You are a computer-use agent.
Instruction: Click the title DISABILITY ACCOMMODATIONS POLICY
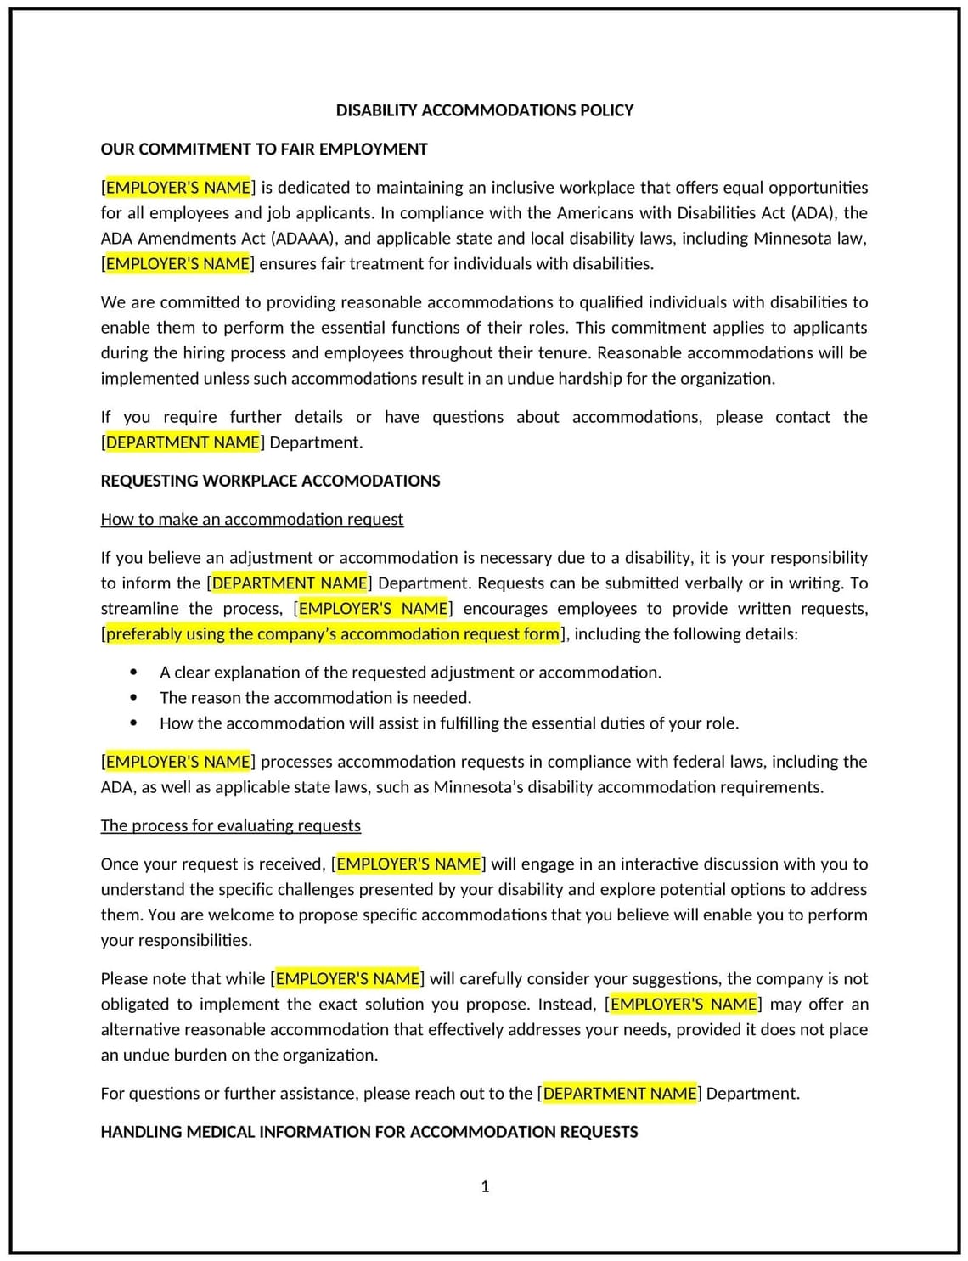click(484, 110)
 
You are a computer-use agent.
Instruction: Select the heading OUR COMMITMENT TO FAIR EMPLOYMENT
click(264, 149)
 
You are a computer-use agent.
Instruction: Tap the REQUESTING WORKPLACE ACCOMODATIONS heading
click(270, 481)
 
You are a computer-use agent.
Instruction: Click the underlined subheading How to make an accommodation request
click(252, 520)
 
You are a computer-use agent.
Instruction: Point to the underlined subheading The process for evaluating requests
click(230, 825)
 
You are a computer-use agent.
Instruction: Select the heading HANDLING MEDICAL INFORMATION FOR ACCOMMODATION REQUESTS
click(369, 1132)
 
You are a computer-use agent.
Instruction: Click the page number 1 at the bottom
click(485, 1186)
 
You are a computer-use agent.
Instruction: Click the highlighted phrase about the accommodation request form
click(333, 634)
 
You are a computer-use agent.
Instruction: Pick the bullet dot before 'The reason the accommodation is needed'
click(133, 698)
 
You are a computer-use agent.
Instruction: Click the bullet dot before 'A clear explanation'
click(133, 673)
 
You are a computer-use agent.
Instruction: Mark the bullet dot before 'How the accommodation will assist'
click(133, 723)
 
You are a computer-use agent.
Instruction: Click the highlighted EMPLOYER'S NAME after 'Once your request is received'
click(408, 864)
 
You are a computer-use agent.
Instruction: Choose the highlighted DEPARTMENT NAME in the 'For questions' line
click(620, 1094)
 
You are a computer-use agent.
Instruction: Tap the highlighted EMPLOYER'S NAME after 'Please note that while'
click(348, 979)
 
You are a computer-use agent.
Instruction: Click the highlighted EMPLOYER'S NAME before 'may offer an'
click(683, 1005)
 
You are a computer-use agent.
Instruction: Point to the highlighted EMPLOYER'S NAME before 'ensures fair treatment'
click(178, 264)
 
